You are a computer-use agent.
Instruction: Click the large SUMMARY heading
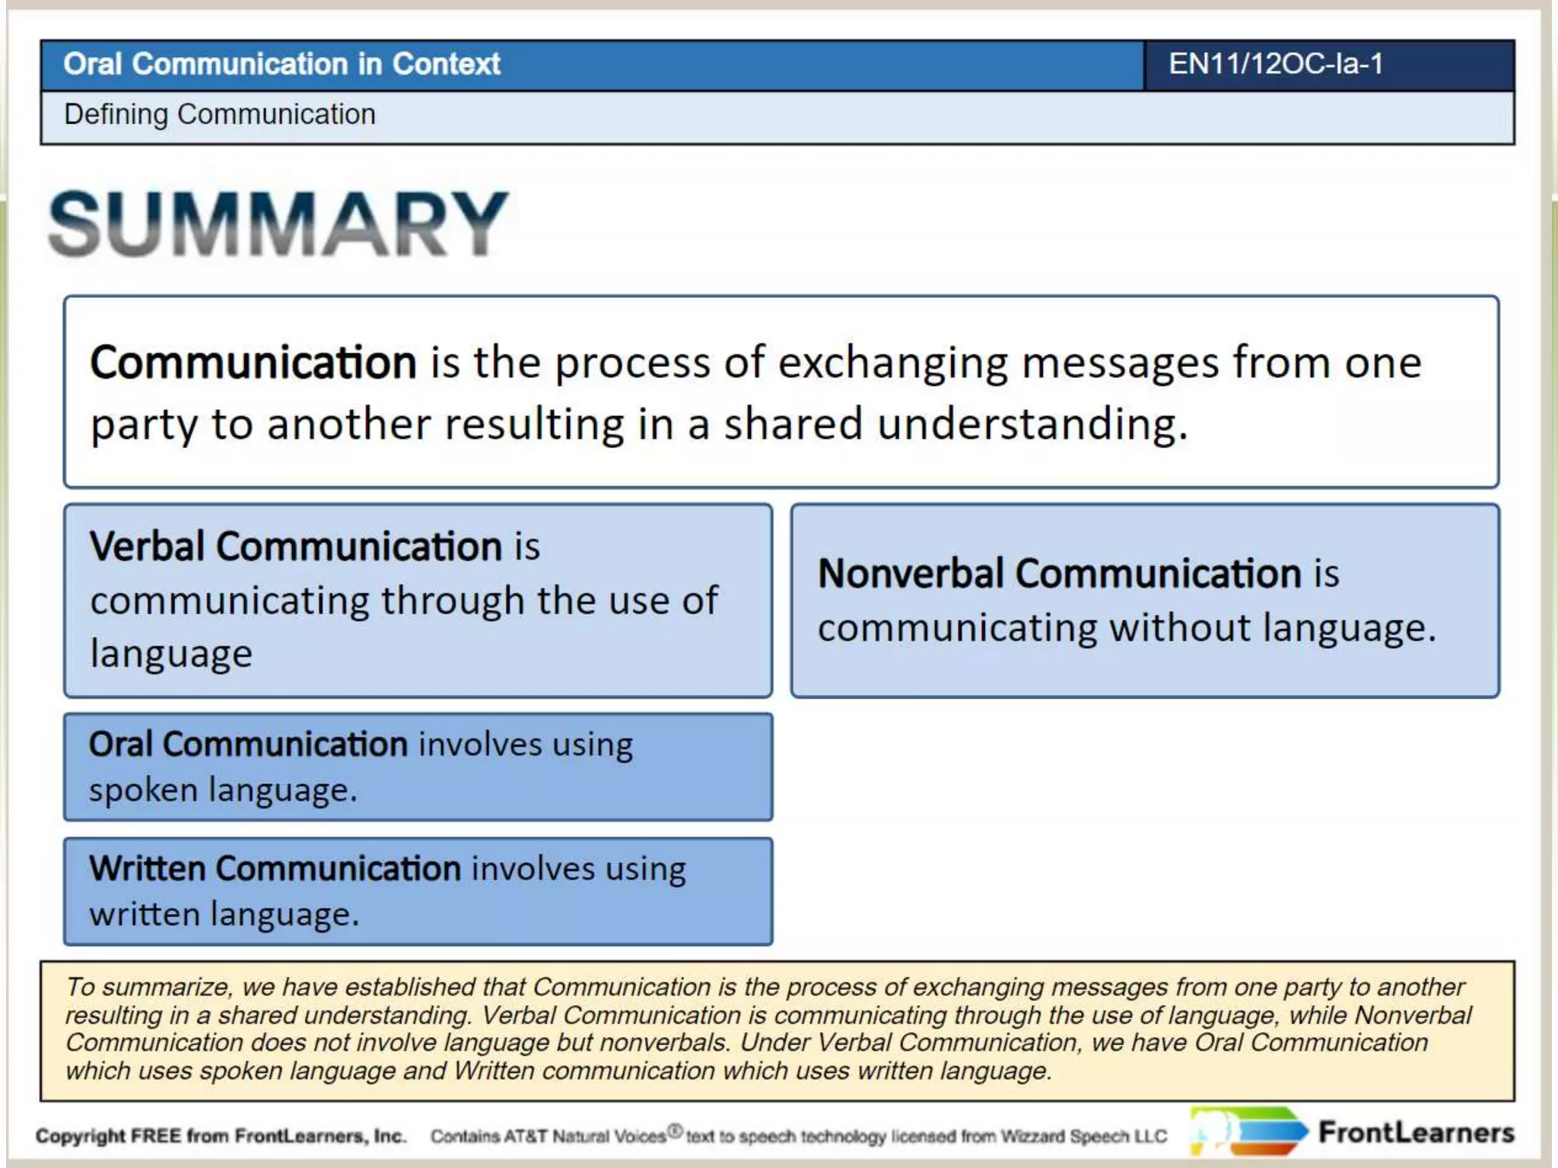click(x=278, y=224)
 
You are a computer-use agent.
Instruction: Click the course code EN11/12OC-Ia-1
click(x=1275, y=64)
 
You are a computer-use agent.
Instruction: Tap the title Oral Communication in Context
click(x=281, y=64)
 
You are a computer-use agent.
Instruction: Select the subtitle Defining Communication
click(x=219, y=115)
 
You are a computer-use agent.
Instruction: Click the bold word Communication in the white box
click(x=253, y=363)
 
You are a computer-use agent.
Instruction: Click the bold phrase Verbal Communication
click(x=295, y=547)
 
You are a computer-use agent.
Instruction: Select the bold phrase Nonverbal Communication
click(x=1059, y=573)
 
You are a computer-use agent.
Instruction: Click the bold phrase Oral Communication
click(x=248, y=744)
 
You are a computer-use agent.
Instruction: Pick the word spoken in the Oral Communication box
click(x=143, y=791)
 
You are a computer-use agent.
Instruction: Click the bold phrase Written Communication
click(x=275, y=868)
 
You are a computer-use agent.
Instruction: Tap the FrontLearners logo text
click(x=1416, y=1133)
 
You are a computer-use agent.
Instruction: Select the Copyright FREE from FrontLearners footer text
click(x=221, y=1136)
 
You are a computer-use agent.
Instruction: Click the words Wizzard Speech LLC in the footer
click(x=1083, y=1137)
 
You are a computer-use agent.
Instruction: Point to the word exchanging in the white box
click(x=892, y=363)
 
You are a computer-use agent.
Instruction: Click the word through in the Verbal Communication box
click(x=452, y=601)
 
